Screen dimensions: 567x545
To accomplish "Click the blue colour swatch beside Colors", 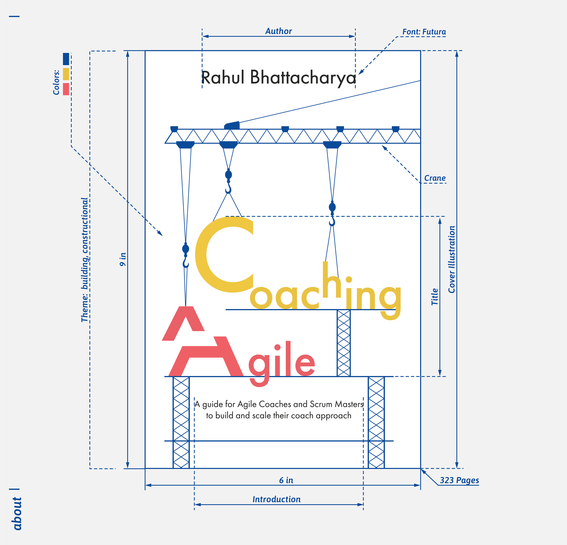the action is click(66, 59).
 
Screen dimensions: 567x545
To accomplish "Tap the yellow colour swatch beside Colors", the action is click(66, 74).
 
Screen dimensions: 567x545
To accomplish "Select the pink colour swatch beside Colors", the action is click(66, 89).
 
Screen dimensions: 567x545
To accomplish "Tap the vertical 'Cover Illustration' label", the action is click(452, 259).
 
